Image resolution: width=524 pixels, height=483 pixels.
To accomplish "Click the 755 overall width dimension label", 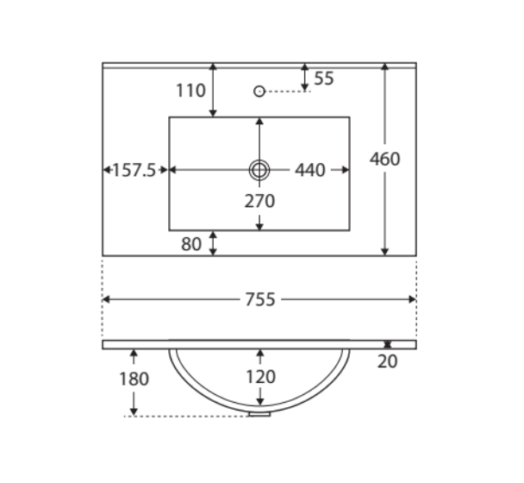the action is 260,299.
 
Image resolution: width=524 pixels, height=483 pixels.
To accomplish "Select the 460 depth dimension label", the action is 384,159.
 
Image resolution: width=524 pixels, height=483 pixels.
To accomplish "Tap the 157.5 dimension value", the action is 134,170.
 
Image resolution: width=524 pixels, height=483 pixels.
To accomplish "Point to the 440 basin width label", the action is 309,170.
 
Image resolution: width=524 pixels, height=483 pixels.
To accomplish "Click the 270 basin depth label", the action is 259,201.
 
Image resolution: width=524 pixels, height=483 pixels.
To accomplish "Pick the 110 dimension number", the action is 190,91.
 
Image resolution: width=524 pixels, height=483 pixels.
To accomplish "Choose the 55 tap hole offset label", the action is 324,78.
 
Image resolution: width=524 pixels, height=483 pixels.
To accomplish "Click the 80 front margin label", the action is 191,244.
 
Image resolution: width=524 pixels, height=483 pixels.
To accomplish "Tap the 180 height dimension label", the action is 134,379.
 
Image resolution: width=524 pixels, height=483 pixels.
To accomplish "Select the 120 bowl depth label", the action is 260,377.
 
